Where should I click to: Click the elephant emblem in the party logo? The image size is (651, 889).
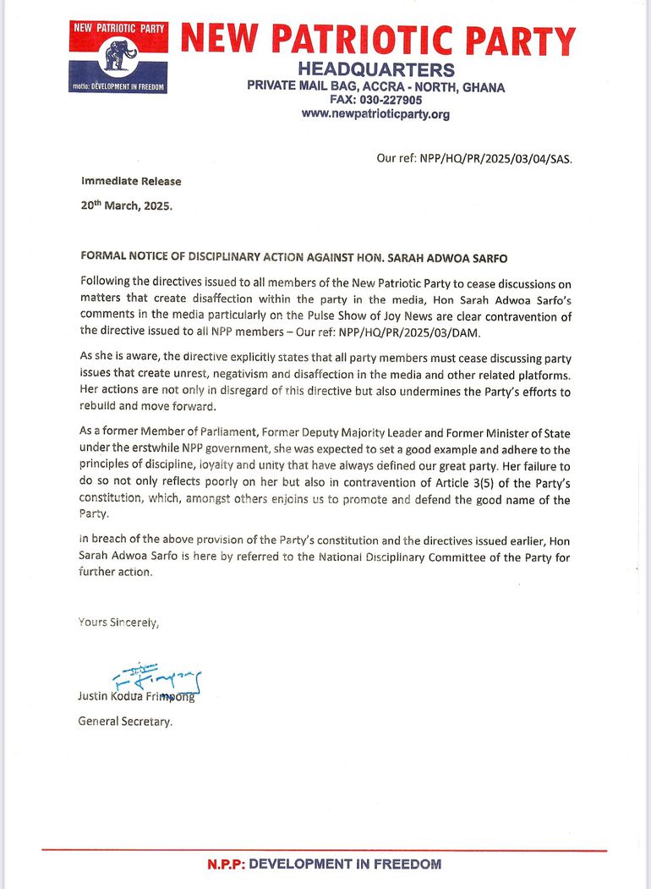(x=118, y=57)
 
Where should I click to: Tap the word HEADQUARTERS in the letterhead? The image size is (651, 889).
(x=376, y=70)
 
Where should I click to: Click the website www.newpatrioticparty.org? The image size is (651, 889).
(x=375, y=113)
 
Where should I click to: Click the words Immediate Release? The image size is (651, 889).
(x=131, y=181)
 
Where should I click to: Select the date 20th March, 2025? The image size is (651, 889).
(x=126, y=205)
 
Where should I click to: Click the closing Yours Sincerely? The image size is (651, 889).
(x=118, y=622)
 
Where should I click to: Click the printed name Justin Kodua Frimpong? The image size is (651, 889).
(x=136, y=697)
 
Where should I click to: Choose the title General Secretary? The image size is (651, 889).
(x=125, y=722)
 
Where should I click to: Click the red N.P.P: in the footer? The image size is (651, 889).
(x=227, y=864)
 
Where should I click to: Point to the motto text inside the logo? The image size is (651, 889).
(x=118, y=87)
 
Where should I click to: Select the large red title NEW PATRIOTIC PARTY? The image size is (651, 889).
(x=378, y=40)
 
